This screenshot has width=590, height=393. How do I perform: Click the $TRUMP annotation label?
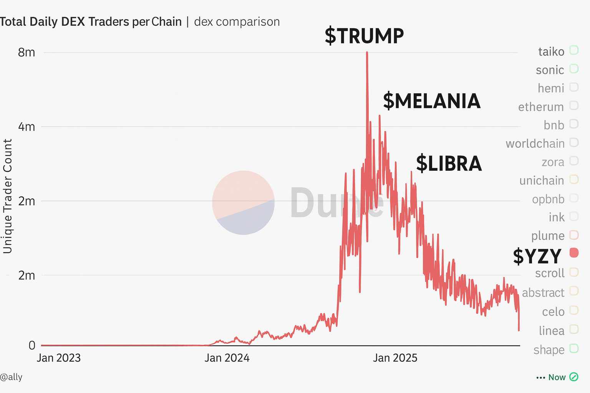click(364, 36)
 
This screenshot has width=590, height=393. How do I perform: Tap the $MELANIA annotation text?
click(432, 101)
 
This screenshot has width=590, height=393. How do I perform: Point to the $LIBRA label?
click(449, 163)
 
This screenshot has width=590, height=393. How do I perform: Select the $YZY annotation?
click(537, 256)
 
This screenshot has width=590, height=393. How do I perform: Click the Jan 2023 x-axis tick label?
click(59, 358)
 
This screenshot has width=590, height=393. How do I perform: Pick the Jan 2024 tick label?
click(227, 358)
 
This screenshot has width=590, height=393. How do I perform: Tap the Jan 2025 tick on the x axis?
click(395, 358)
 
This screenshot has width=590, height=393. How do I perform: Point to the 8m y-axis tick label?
click(27, 52)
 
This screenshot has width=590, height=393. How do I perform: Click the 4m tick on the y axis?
click(27, 127)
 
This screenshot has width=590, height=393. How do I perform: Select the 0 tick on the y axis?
click(32, 345)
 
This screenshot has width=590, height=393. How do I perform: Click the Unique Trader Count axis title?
click(8, 196)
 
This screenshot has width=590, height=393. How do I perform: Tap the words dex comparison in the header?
click(237, 22)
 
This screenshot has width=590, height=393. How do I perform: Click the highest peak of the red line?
click(367, 53)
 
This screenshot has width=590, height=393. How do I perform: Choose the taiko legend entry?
click(551, 51)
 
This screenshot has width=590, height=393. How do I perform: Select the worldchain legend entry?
click(535, 144)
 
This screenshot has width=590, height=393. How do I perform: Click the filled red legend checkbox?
click(574, 253)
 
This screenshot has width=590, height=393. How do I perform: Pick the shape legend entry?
click(549, 350)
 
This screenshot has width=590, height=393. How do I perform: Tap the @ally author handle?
click(12, 377)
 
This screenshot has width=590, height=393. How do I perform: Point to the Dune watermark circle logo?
click(243, 202)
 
